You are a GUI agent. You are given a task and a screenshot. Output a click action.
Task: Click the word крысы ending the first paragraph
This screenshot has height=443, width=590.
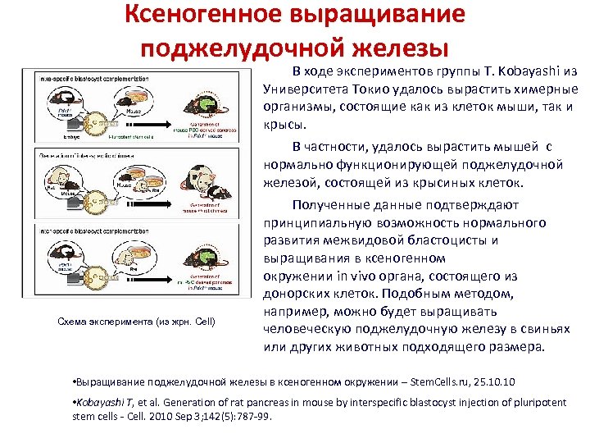point(284,125)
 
